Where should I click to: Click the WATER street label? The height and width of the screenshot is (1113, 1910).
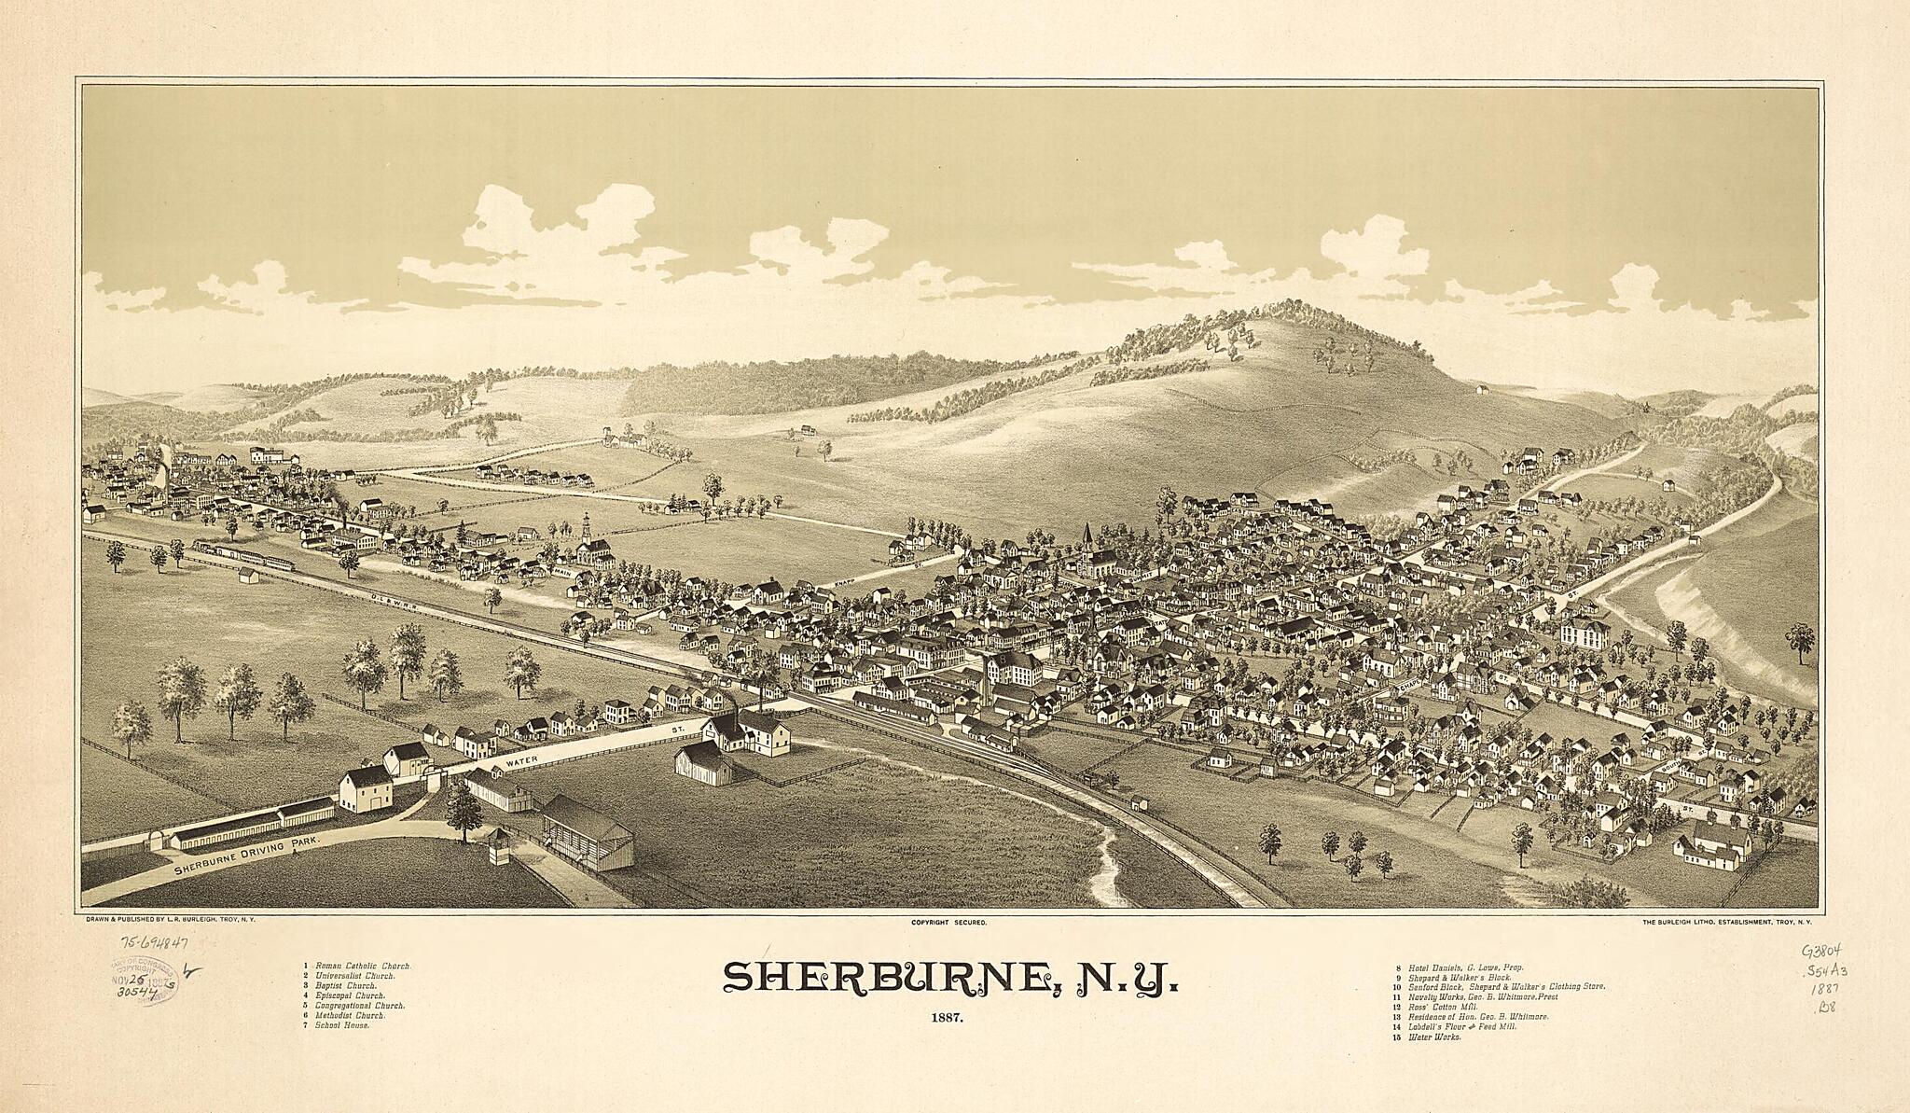coord(522,762)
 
